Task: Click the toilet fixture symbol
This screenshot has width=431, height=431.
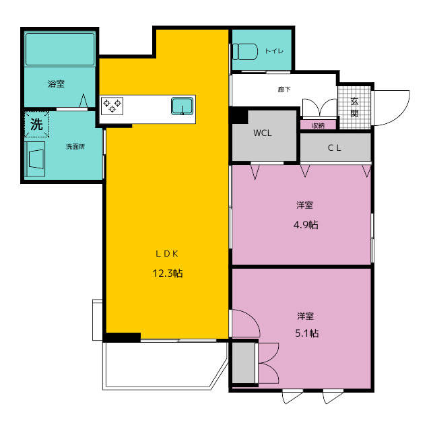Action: tap(245, 51)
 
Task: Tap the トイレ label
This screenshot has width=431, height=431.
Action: tap(274, 51)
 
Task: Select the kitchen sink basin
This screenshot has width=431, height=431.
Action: tap(182, 106)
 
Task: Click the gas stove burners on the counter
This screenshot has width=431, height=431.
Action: tap(112, 106)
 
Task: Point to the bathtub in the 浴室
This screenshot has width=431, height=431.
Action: tap(60, 49)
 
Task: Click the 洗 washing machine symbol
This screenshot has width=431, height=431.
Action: tap(36, 124)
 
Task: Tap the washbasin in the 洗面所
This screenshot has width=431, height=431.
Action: tap(35, 159)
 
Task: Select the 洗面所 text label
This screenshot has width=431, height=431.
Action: tap(75, 147)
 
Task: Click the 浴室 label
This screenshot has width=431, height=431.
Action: tap(56, 84)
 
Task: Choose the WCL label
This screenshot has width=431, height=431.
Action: tap(263, 133)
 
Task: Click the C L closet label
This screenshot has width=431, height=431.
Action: tap(334, 148)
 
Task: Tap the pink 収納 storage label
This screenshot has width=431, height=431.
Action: tap(318, 126)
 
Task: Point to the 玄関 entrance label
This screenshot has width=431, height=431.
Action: tap(354, 108)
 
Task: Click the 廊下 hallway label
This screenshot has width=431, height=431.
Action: tap(284, 90)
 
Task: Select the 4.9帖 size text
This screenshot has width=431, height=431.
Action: tap(306, 225)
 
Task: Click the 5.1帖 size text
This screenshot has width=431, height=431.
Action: tap(307, 333)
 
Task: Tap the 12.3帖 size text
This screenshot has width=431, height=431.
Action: tap(168, 273)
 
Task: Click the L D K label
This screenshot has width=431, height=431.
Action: tap(167, 254)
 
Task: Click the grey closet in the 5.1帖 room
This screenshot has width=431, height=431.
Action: tap(243, 362)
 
